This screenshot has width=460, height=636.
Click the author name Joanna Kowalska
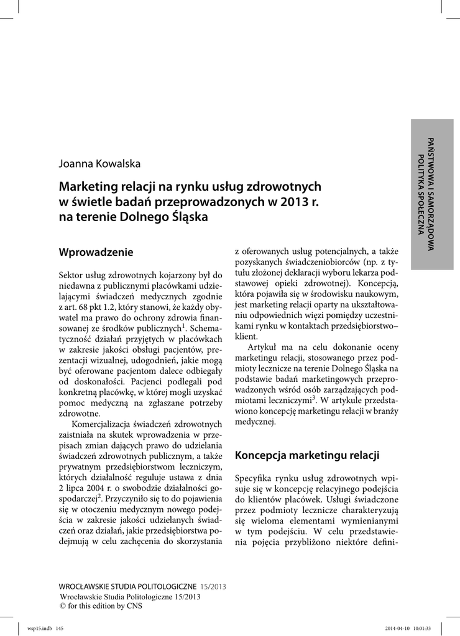(x=99, y=164)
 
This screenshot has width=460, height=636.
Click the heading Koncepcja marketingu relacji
(x=306, y=455)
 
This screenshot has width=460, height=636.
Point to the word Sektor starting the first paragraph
(x=71, y=274)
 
